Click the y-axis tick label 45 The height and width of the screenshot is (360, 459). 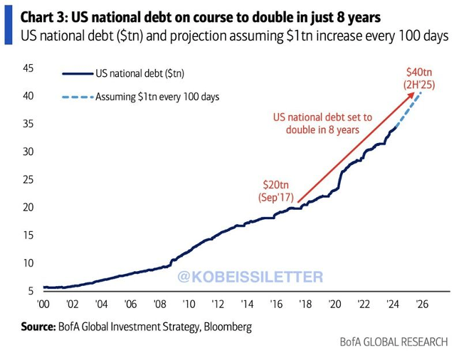28,68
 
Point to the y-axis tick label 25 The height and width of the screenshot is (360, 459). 28,179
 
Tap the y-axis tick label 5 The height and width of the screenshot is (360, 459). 31,290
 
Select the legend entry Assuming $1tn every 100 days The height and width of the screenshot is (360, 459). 157,97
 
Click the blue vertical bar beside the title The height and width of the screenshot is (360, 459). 8,25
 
